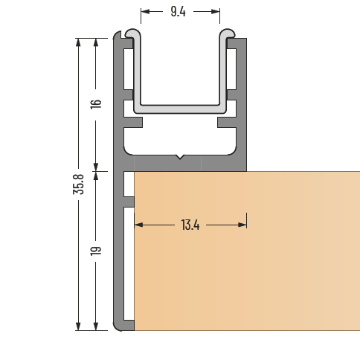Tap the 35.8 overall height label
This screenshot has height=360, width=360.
pyautogui.click(x=78, y=184)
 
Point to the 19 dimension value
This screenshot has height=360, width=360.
pyautogui.click(x=95, y=250)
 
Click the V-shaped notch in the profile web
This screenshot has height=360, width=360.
pyautogui.click(x=179, y=158)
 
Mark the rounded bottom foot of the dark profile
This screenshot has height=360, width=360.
pyautogui.click(x=122, y=325)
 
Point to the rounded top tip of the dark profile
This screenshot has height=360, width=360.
pyautogui.click(x=118, y=36)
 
